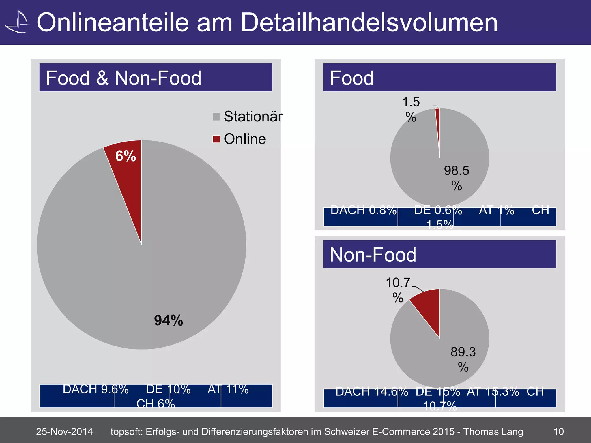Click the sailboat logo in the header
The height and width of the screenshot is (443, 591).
point(17,22)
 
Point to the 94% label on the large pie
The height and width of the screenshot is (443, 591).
point(169,320)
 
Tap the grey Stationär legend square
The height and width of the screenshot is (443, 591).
point(216,117)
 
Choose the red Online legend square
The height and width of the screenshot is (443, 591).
point(216,139)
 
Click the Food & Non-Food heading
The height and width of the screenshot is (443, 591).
point(124,78)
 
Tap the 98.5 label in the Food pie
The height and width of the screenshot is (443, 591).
point(457,171)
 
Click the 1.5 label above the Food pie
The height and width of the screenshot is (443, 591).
point(411,102)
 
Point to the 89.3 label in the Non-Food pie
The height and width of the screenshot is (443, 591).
point(463,352)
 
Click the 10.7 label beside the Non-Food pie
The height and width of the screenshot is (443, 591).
point(398,283)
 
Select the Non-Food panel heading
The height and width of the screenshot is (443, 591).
point(373,255)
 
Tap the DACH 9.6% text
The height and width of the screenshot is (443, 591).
point(96,389)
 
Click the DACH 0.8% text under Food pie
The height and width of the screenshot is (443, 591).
point(363,210)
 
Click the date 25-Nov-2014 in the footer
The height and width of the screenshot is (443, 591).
point(64,431)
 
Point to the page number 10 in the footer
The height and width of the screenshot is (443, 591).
point(558,431)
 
